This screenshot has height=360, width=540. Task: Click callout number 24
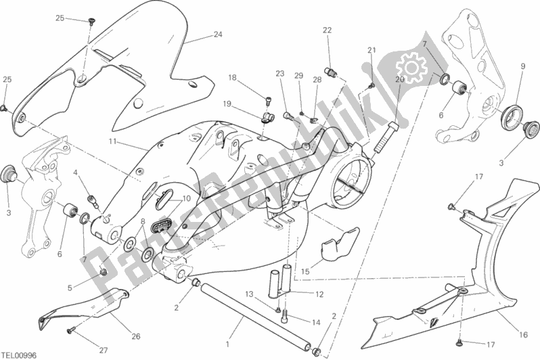point(217,35)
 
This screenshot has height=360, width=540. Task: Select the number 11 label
point(112,141)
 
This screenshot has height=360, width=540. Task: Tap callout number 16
point(523,333)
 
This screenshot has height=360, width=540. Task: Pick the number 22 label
point(328,30)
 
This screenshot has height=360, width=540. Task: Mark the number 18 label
point(232,78)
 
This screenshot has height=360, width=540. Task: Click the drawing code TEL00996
point(20,354)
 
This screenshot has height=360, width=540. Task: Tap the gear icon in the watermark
point(409,68)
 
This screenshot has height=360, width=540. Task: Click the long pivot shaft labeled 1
point(257,311)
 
